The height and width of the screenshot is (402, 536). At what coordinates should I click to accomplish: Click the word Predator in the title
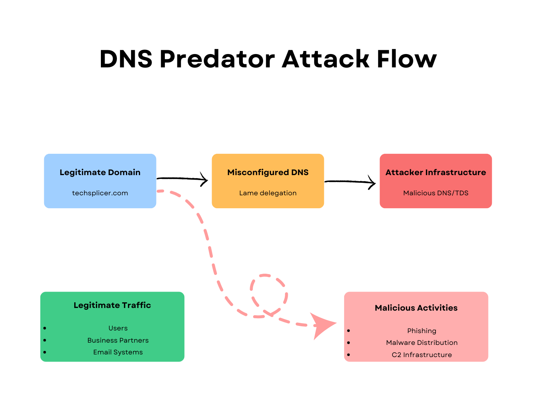217,59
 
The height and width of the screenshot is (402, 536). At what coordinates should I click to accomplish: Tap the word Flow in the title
407,59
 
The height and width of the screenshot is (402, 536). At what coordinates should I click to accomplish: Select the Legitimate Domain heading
100,172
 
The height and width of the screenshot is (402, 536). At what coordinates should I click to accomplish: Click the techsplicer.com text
100,193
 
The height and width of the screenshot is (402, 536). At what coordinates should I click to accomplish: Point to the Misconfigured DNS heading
268,172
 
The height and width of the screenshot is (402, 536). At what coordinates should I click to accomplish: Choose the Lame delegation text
268,193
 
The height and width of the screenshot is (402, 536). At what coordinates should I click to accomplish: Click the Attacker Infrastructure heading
435,172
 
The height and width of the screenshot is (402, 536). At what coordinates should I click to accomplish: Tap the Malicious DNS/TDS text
435,193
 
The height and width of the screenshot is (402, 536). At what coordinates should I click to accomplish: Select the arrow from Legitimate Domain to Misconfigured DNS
182,179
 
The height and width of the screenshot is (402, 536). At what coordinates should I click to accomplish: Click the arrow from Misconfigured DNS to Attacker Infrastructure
350,182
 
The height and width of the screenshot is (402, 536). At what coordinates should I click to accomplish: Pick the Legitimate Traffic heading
112,305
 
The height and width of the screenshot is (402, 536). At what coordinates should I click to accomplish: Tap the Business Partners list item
118,340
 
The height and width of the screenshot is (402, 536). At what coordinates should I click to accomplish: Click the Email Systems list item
118,352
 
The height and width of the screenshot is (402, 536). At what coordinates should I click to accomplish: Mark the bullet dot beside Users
45,328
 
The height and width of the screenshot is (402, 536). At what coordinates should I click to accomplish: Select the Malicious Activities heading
416,308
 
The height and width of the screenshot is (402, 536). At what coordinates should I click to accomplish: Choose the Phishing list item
422,331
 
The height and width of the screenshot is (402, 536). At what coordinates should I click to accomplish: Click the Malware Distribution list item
422,343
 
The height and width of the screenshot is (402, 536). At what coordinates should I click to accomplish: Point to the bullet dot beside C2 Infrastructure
348,355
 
